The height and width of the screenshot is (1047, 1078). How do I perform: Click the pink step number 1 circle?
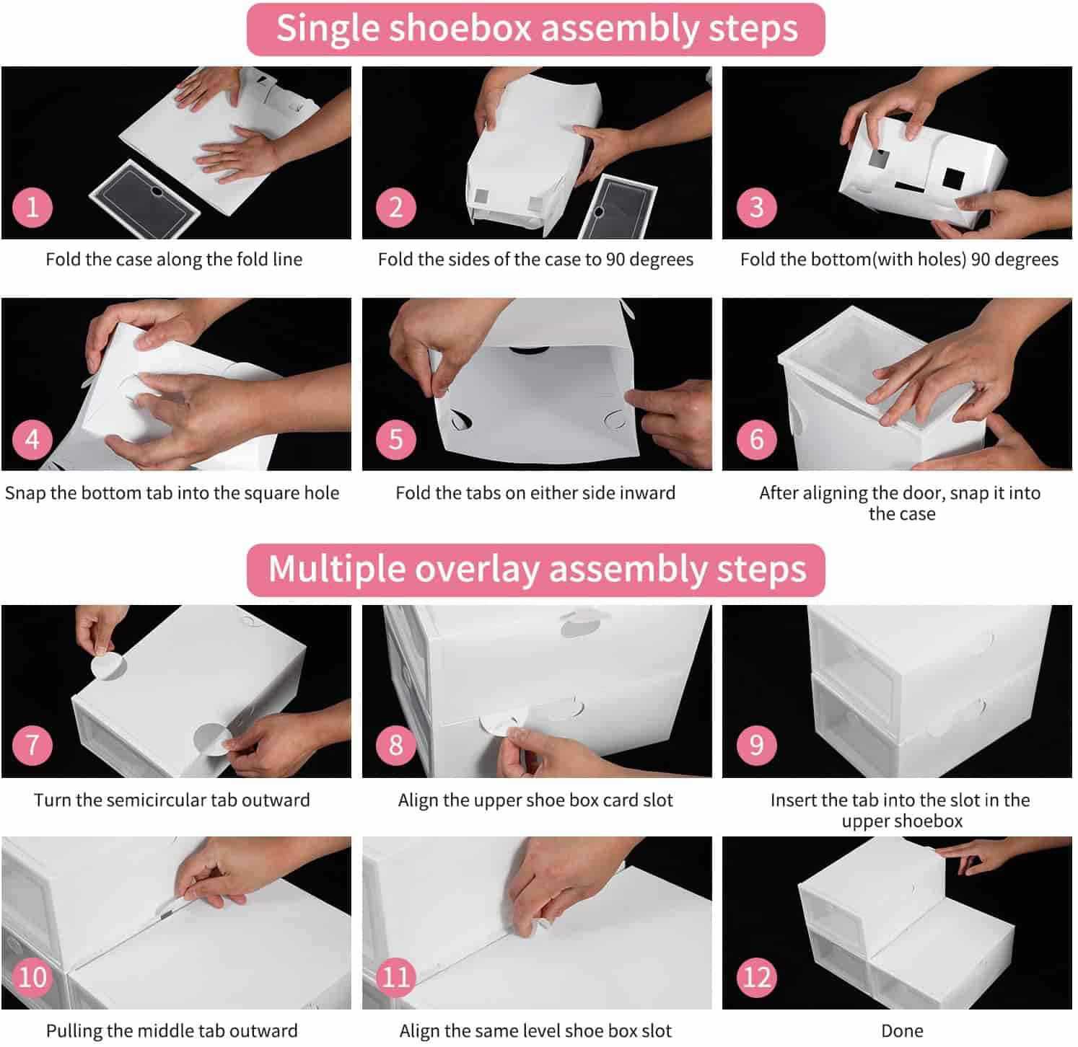pyautogui.click(x=32, y=207)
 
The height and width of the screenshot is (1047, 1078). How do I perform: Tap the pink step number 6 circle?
pyautogui.click(x=756, y=438)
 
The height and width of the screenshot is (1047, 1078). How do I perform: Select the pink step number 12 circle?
pyautogui.click(x=756, y=977)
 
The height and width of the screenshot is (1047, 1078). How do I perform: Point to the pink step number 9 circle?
pyautogui.click(x=756, y=745)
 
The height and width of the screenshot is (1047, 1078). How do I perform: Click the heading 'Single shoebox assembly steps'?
pyautogui.click(x=536, y=30)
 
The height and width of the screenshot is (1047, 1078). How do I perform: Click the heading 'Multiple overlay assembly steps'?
pyautogui.click(x=537, y=570)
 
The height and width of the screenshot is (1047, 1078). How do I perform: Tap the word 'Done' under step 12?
pyautogui.click(x=902, y=1031)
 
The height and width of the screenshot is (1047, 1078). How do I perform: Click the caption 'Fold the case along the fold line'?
pyautogui.click(x=174, y=260)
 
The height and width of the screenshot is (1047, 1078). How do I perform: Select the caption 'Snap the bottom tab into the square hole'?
pyautogui.click(x=172, y=493)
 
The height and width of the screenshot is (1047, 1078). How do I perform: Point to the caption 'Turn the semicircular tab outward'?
pyautogui.click(x=172, y=800)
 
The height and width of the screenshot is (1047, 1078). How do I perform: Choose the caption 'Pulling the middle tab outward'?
pyautogui.click(x=172, y=1031)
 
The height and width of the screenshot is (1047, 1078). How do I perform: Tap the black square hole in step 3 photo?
pyautogui.click(x=954, y=180)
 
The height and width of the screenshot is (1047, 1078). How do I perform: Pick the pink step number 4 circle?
pyautogui.click(x=32, y=438)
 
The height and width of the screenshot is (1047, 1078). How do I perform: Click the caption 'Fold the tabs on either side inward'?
pyautogui.click(x=535, y=493)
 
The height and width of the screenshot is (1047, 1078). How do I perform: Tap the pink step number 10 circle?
pyautogui.click(x=32, y=977)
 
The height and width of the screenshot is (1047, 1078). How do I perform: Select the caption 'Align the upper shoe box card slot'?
pyautogui.click(x=535, y=800)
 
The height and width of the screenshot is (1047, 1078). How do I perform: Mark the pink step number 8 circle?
pyautogui.click(x=395, y=745)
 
